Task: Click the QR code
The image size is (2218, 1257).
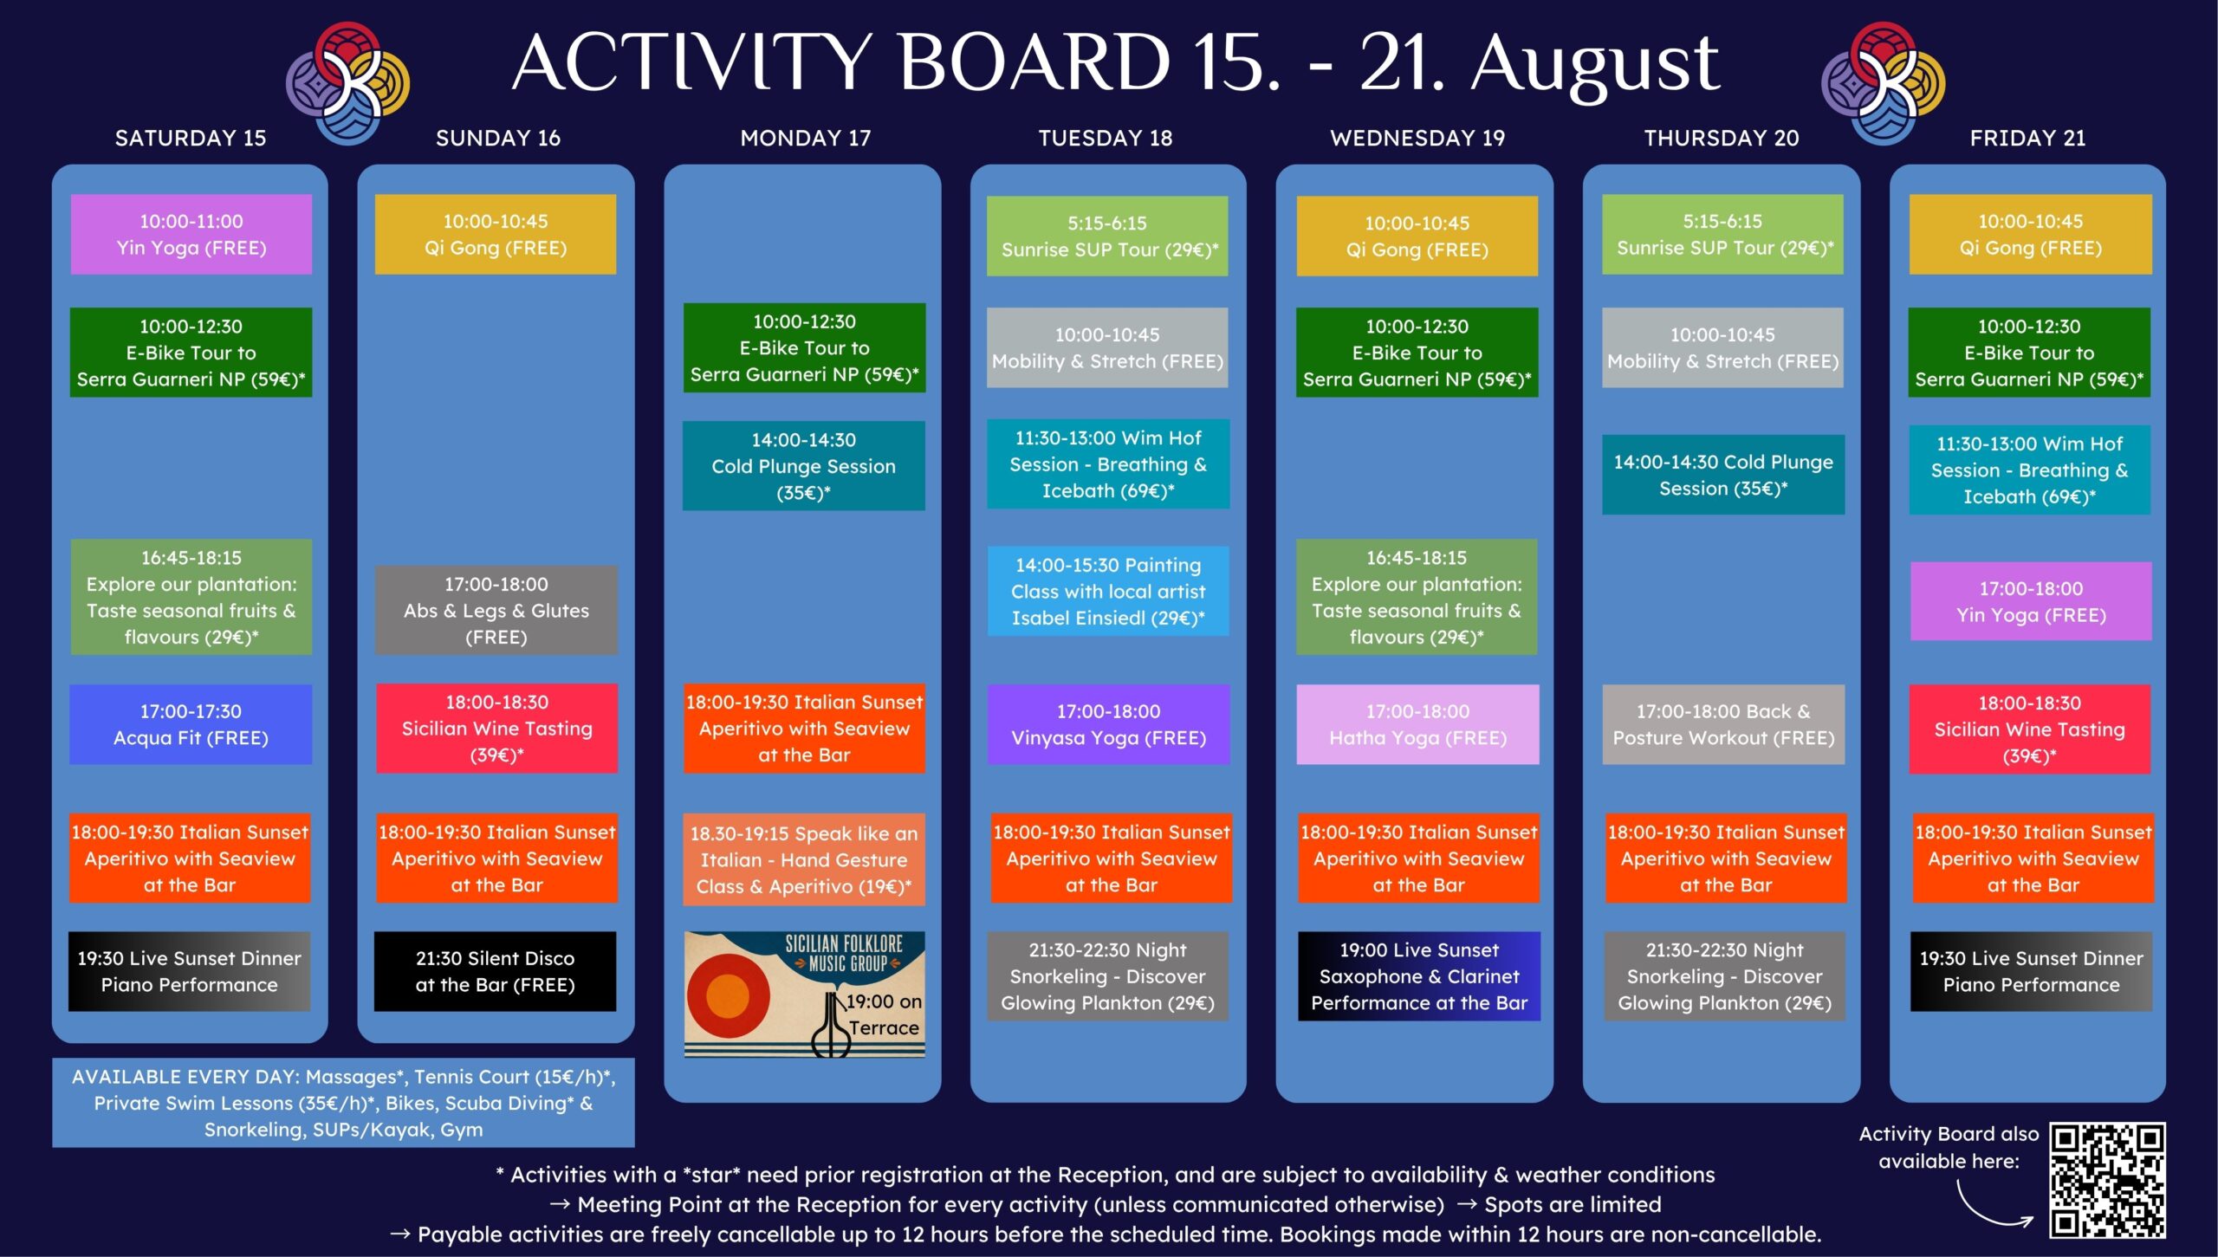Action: (2106, 1180)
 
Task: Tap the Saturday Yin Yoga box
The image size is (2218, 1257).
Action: (191, 234)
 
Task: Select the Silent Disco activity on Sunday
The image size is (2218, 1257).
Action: (495, 971)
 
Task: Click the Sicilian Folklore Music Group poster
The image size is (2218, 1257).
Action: (804, 995)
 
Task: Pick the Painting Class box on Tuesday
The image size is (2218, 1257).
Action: (1108, 591)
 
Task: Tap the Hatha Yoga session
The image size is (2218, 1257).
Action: (1417, 724)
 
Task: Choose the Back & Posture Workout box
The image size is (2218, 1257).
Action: (1723, 724)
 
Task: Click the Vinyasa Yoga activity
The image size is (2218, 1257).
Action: (1108, 724)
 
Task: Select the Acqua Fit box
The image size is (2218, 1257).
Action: (191, 724)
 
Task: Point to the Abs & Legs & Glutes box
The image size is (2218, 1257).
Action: (496, 610)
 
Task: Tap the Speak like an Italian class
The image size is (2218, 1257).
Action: (804, 859)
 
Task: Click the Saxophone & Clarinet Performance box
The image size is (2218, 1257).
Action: (1419, 975)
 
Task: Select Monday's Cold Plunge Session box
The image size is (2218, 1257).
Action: (804, 465)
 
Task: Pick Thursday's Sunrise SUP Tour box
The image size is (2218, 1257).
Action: (1722, 234)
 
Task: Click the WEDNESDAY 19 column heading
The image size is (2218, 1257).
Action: (1417, 138)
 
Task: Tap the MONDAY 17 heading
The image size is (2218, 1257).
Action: (805, 138)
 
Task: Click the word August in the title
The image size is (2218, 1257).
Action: (1595, 66)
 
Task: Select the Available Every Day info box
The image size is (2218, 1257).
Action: (343, 1103)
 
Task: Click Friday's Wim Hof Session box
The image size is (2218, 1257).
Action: (2030, 470)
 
